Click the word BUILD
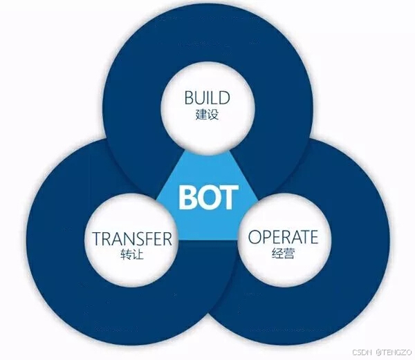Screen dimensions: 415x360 207,97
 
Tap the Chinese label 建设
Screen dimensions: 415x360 207,115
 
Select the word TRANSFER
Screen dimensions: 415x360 131,239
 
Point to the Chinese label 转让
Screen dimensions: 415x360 131,256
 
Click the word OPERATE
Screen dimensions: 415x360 283,237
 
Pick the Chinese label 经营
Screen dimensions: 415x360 283,254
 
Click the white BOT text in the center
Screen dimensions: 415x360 208,197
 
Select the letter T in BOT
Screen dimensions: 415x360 229,197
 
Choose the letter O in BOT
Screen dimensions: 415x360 209,197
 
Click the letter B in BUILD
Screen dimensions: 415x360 189,97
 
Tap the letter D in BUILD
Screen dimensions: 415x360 225,97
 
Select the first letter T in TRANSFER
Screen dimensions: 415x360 97,239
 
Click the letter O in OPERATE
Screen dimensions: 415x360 255,237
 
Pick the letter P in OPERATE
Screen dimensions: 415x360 267,237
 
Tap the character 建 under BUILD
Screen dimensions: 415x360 201,115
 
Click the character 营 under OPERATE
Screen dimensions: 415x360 289,254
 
